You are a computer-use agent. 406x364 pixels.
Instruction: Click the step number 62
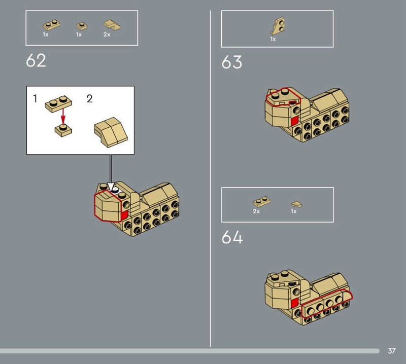(36, 60)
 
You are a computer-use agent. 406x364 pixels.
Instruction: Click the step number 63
(232, 62)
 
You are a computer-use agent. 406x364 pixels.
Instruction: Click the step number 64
(232, 237)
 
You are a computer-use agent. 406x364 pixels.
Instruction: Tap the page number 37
(391, 350)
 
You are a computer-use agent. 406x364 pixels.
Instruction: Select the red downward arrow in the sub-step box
(63, 117)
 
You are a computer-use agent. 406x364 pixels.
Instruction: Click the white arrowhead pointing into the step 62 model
(111, 187)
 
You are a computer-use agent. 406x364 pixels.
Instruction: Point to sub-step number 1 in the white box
(35, 98)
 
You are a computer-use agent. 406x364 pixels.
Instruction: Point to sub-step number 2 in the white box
(90, 98)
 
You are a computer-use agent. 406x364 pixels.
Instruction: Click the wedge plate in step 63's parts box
(278, 26)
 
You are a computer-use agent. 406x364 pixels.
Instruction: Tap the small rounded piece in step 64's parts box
(297, 205)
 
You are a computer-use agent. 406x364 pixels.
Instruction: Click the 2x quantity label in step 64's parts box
(256, 211)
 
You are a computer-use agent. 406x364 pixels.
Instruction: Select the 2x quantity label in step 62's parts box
(107, 34)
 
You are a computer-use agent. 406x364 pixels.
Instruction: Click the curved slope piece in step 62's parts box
(112, 25)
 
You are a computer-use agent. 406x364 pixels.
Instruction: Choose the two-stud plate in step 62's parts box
(52, 25)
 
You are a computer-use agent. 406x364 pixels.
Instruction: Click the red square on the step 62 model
(124, 215)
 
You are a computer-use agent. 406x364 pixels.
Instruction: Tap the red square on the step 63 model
(294, 121)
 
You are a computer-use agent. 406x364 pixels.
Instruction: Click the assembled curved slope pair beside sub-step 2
(111, 132)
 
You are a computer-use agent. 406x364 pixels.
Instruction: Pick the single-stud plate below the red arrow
(63, 130)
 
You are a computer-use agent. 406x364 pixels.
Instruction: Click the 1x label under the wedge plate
(273, 39)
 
